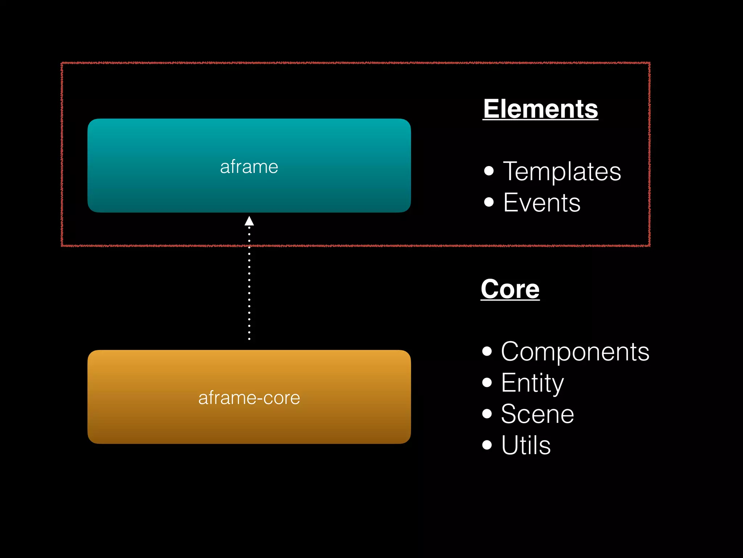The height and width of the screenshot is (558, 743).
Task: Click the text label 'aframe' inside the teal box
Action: tap(249, 167)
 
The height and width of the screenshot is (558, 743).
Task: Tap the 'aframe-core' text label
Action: tap(249, 398)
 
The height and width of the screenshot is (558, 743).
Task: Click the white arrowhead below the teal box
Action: tap(249, 221)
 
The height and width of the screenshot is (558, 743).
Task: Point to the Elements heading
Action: tap(540, 109)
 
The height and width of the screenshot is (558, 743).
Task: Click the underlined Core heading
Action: tap(510, 289)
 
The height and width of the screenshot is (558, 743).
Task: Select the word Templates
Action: tap(562, 171)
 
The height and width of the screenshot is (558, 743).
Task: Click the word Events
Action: tap(542, 202)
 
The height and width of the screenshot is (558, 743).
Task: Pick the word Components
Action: tap(575, 352)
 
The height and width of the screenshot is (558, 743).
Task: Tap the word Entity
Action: tap(532, 383)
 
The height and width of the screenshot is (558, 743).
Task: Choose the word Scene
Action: tap(537, 414)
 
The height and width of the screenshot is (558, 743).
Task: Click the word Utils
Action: tap(526, 445)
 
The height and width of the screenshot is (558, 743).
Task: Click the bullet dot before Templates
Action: tap(489, 170)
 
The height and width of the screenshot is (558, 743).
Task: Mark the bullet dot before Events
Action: tap(489, 202)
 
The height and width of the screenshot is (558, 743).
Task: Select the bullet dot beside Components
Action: tap(487, 351)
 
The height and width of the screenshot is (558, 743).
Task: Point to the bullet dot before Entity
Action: tap(487, 382)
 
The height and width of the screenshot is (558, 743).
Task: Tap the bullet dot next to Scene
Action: tap(487, 413)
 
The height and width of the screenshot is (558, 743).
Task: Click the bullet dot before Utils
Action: tap(487, 445)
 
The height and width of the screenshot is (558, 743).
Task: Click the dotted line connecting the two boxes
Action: tap(249, 287)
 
